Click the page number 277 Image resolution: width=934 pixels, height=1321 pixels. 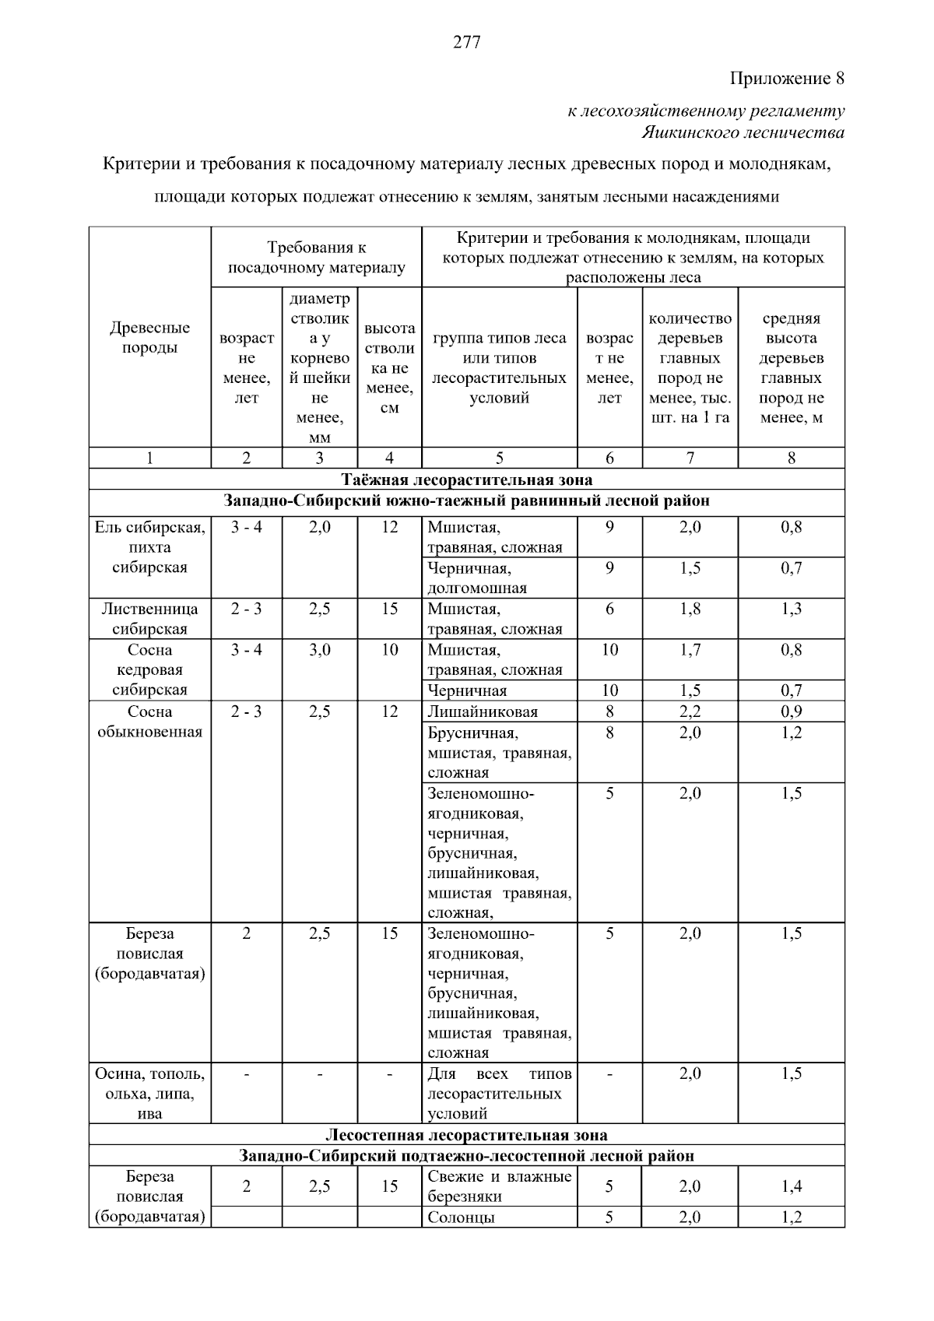(466, 42)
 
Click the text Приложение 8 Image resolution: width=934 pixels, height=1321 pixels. (787, 79)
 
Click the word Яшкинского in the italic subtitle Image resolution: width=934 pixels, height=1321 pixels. (691, 132)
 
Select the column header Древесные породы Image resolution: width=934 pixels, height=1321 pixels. (149, 338)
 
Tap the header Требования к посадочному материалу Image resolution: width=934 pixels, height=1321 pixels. (316, 258)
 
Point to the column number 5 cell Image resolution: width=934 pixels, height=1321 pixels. (499, 458)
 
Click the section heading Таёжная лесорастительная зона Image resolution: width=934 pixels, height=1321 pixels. (466, 480)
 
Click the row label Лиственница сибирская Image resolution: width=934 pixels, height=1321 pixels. (149, 619)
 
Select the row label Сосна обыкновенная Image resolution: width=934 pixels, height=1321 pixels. (149, 722)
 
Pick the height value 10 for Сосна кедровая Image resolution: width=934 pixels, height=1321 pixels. (389, 650)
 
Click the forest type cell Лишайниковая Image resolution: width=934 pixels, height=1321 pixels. (483, 711)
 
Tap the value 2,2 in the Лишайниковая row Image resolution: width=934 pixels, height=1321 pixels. (690, 711)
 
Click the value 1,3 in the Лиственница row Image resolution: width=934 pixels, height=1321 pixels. (791, 610)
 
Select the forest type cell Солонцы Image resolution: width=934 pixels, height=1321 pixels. (461, 1217)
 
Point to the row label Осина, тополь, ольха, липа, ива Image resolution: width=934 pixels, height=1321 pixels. (149, 1094)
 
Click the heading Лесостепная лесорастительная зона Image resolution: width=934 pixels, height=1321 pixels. (466, 1135)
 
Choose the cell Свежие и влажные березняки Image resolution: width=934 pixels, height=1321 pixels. (499, 1186)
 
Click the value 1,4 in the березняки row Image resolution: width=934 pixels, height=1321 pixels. (791, 1187)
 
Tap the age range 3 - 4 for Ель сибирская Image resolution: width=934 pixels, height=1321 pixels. (246, 528)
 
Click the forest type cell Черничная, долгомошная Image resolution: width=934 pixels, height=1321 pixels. (477, 578)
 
